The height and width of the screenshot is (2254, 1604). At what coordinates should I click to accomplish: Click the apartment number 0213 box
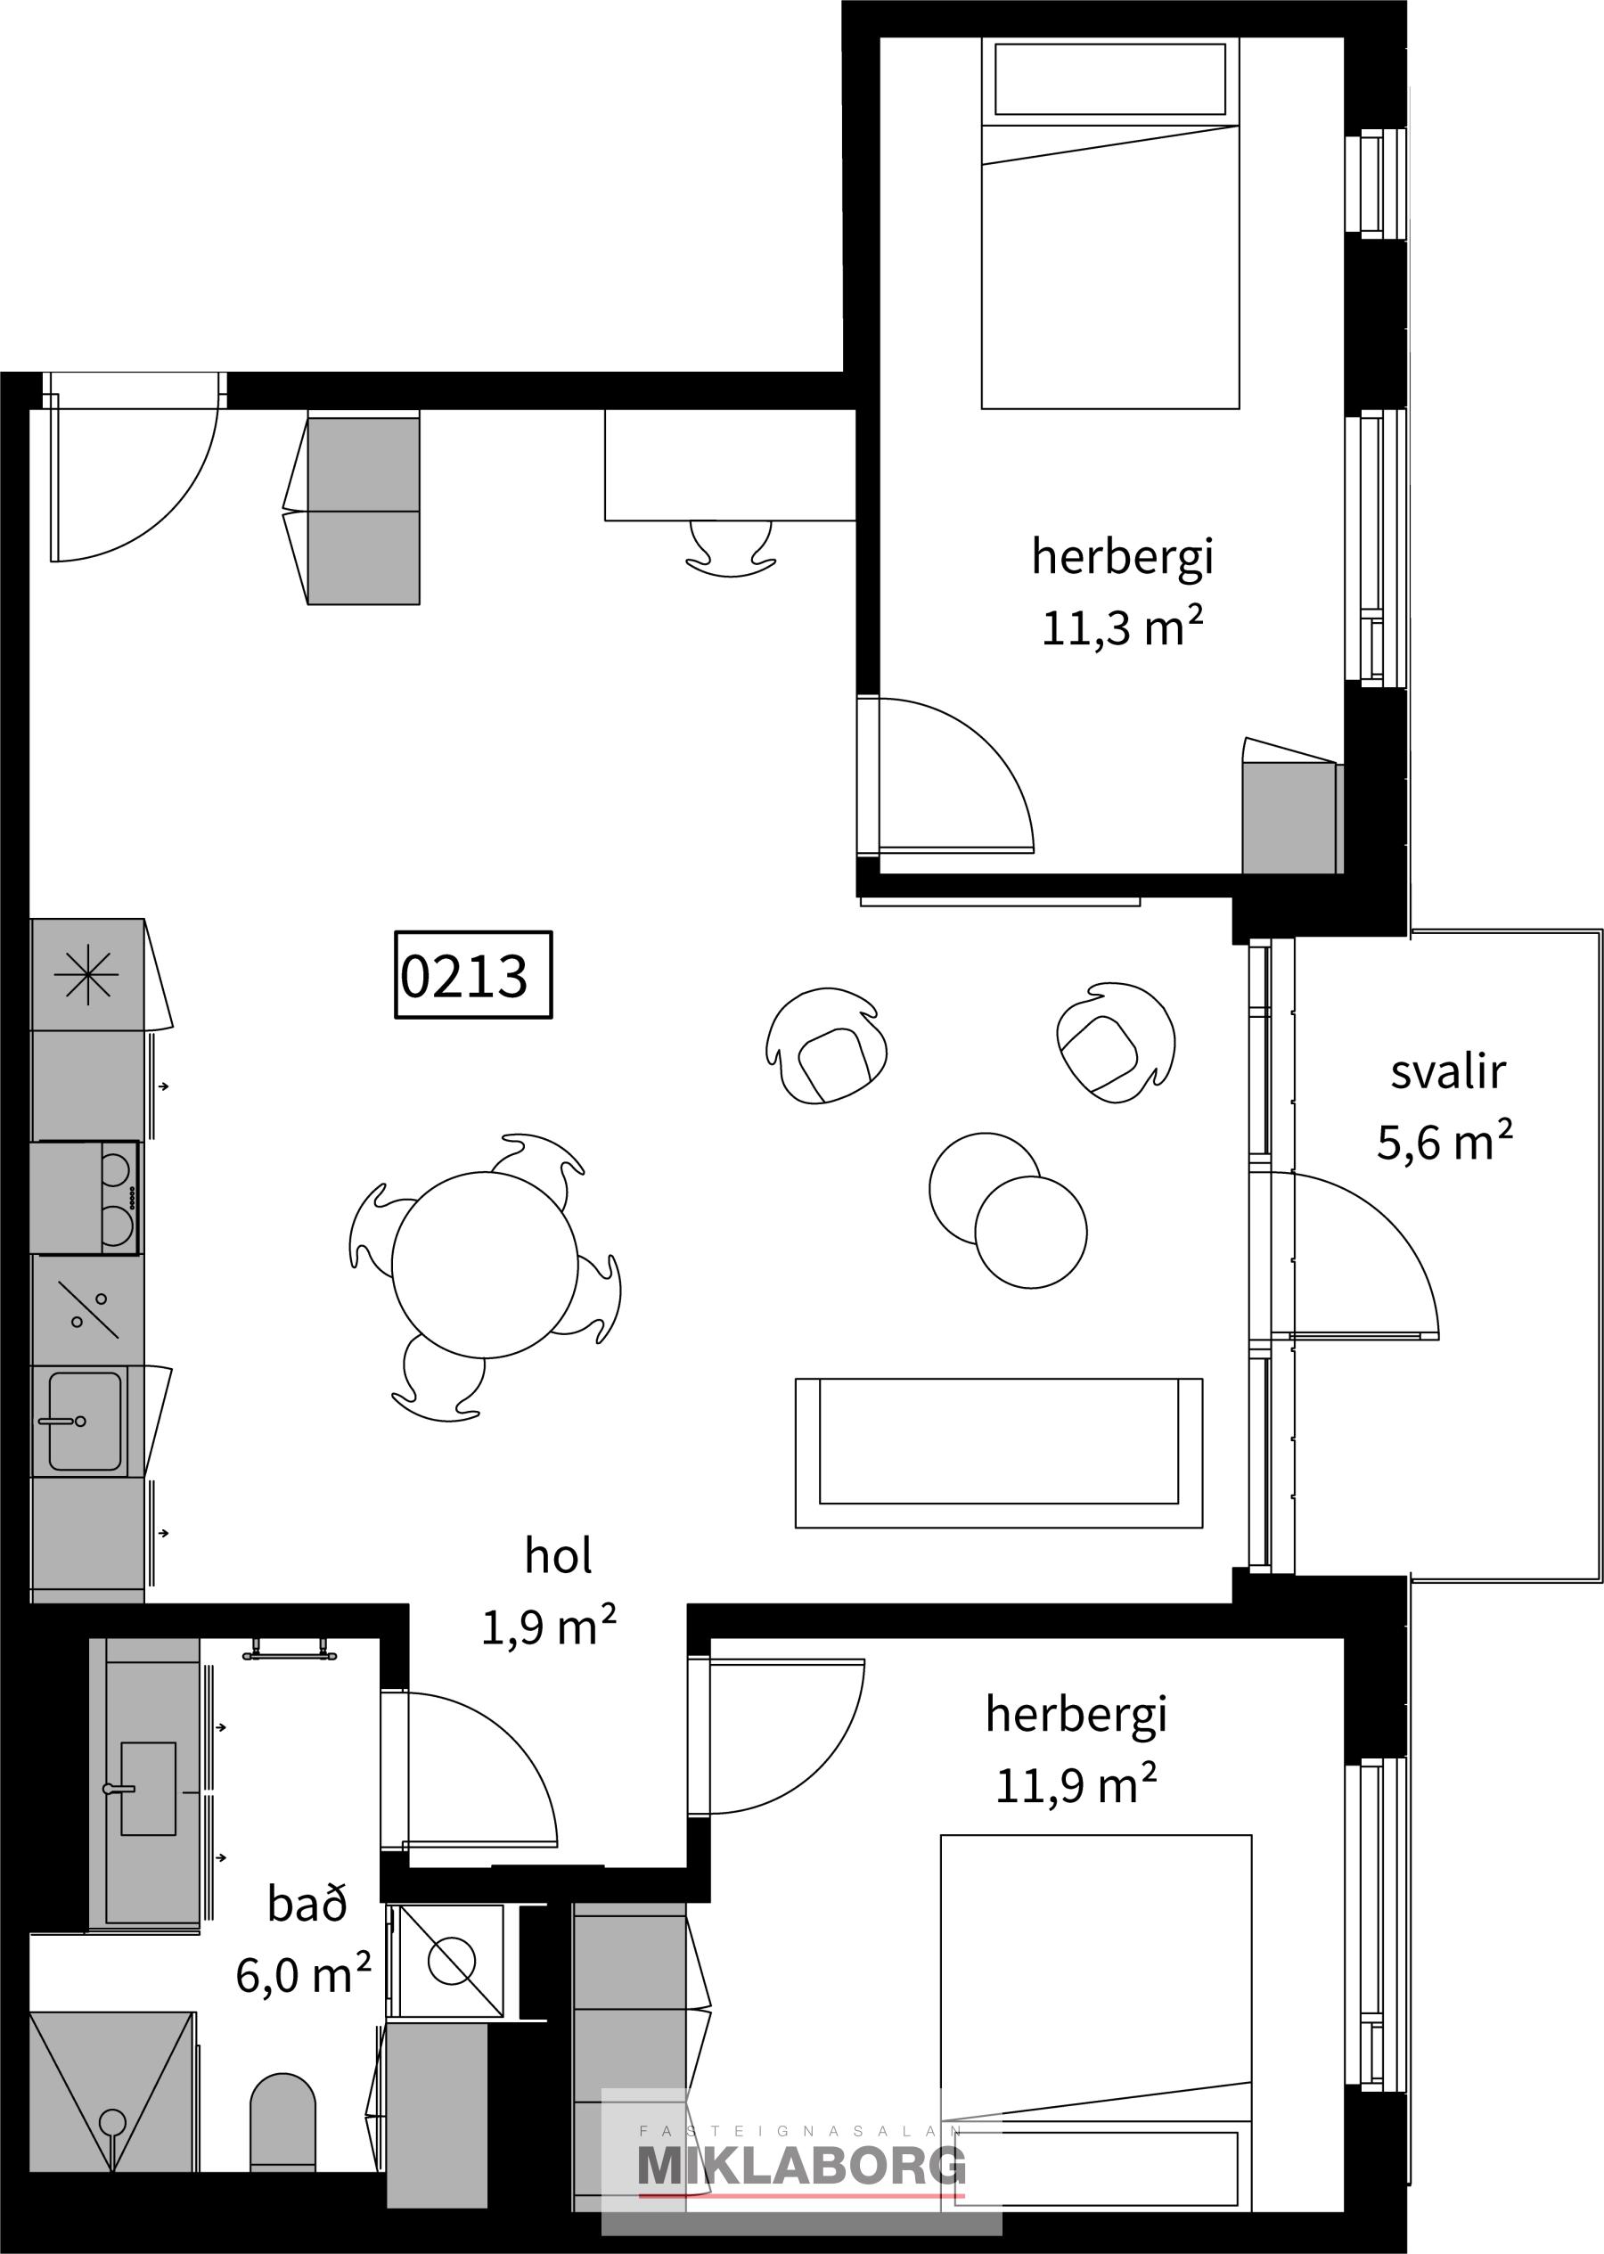pyautogui.click(x=473, y=974)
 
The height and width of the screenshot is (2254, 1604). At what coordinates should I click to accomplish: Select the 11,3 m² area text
pyautogui.click(x=1122, y=627)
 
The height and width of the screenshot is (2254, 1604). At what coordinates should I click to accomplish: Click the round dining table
pyautogui.click(x=485, y=1265)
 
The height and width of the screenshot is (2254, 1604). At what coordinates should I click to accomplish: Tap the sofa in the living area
pyautogui.click(x=999, y=1452)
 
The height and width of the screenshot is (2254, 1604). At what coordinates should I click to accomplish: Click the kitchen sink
pyautogui.click(x=85, y=1422)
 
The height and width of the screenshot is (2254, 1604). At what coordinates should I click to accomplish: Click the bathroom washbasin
pyautogui.click(x=147, y=1789)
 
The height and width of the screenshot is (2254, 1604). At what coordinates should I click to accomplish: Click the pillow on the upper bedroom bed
pyautogui.click(x=1109, y=79)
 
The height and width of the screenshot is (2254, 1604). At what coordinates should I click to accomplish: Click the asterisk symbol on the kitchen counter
pyautogui.click(x=87, y=974)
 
